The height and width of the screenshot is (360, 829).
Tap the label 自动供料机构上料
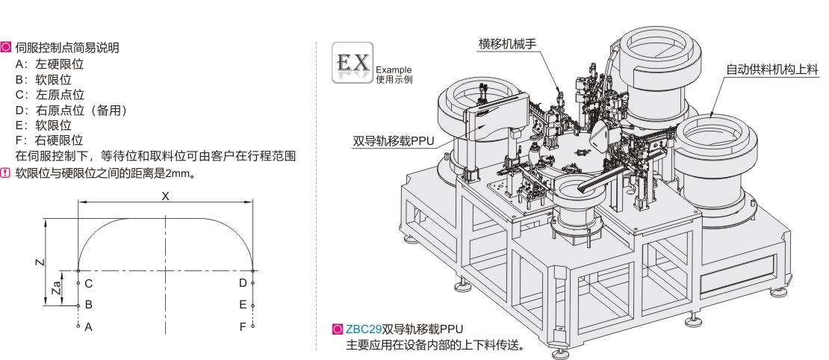coord(773,69)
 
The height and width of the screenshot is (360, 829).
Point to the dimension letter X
coord(166,196)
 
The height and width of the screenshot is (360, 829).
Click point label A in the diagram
coord(88,326)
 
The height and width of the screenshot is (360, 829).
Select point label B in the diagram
coord(88,305)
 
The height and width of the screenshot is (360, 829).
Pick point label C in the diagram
coord(88,283)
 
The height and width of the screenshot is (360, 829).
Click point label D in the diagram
coord(243,283)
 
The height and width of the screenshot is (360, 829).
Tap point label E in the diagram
coord(243,305)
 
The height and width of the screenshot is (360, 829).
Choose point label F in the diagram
coord(243,326)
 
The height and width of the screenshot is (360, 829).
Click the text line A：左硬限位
coord(49,64)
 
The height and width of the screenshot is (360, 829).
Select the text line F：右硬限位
coord(49,140)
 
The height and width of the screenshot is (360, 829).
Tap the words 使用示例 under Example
coord(394,78)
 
